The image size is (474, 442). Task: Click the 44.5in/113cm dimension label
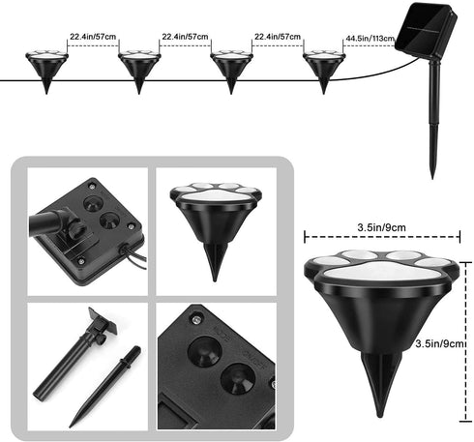370,39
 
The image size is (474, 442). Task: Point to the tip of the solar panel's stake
432,178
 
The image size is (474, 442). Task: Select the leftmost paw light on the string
46,72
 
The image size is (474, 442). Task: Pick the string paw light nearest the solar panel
324,72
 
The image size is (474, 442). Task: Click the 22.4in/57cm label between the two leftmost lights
93,37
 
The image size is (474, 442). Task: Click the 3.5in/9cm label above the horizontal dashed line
381,227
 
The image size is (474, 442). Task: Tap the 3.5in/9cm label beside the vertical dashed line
440,343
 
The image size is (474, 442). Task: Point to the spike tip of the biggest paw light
380,416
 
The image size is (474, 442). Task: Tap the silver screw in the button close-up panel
195,319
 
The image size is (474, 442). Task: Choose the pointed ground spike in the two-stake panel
104,387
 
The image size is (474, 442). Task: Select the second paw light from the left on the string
139,72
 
